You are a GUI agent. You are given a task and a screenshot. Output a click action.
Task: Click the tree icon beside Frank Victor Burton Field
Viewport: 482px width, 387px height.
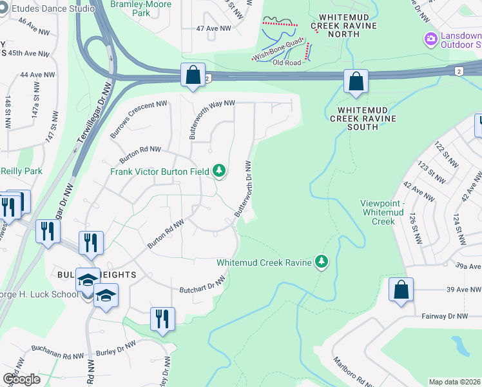pos(220,170)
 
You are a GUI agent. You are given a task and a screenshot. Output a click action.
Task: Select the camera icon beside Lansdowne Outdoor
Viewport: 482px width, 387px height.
pos(430,39)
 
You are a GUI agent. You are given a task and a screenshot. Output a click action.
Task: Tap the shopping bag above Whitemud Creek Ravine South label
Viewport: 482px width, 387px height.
pos(356,81)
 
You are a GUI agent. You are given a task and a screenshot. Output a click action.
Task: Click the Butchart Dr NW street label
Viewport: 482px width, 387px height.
pos(202,284)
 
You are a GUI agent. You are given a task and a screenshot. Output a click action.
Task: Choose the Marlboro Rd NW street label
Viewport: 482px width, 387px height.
pos(351,372)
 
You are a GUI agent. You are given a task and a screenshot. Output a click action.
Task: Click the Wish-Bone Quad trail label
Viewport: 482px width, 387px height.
pos(278,55)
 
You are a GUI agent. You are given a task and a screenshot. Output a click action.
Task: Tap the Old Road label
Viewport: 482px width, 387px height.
pos(287,63)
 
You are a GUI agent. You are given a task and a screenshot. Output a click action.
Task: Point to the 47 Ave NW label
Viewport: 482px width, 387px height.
pos(213,28)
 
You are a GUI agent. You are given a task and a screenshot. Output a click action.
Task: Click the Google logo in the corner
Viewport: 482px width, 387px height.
pos(21,379)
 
